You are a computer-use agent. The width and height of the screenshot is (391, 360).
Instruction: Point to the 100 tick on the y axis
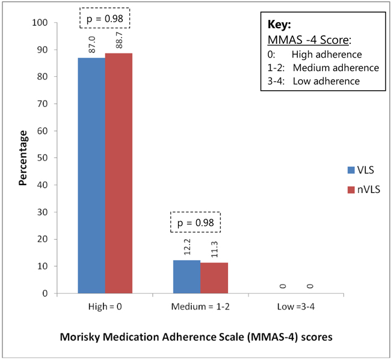point(41,23)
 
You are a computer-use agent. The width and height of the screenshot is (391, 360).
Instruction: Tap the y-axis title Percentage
point(23,158)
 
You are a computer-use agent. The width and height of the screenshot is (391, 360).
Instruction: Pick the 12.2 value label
point(187,247)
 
